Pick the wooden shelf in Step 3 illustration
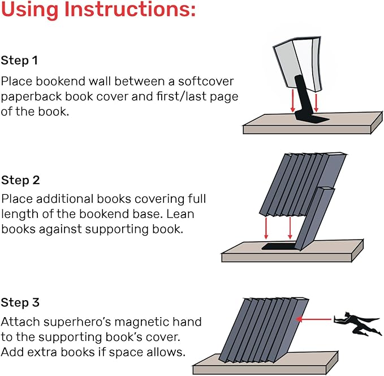pos(266,362)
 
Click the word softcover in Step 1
pos(199,80)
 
